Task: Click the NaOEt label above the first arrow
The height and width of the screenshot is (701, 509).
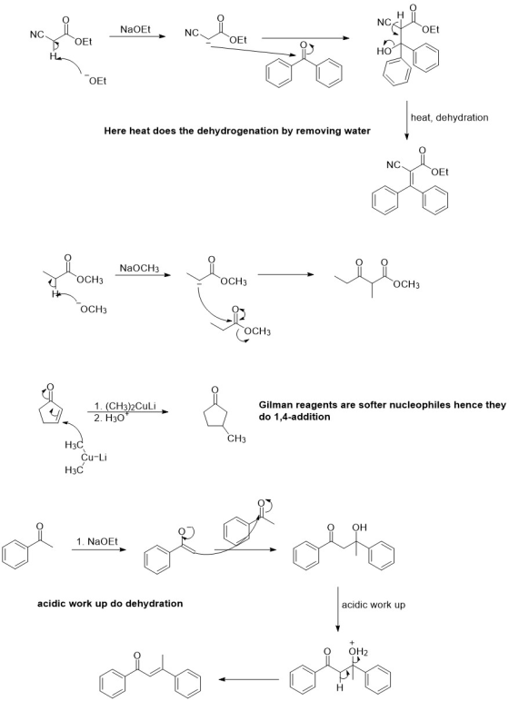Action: click(135, 29)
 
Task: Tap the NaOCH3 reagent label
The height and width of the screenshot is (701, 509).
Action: click(139, 268)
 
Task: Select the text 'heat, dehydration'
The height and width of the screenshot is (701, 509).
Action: click(449, 117)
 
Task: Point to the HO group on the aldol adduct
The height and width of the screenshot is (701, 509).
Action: click(384, 51)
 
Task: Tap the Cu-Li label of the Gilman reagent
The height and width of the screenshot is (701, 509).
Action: click(94, 458)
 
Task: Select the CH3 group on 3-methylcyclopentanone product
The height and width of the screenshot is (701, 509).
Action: click(236, 439)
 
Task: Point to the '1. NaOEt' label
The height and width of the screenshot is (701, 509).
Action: click(96, 541)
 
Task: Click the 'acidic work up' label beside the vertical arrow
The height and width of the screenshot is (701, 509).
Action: click(374, 605)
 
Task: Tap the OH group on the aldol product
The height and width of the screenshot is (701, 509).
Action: click(359, 528)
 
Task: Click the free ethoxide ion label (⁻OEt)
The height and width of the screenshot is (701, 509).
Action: click(97, 81)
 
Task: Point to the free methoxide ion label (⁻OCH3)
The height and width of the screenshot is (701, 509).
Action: click(93, 309)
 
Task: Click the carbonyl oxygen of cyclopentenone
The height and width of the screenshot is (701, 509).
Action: click(50, 386)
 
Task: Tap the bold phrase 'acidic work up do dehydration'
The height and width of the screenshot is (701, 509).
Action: click(110, 604)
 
